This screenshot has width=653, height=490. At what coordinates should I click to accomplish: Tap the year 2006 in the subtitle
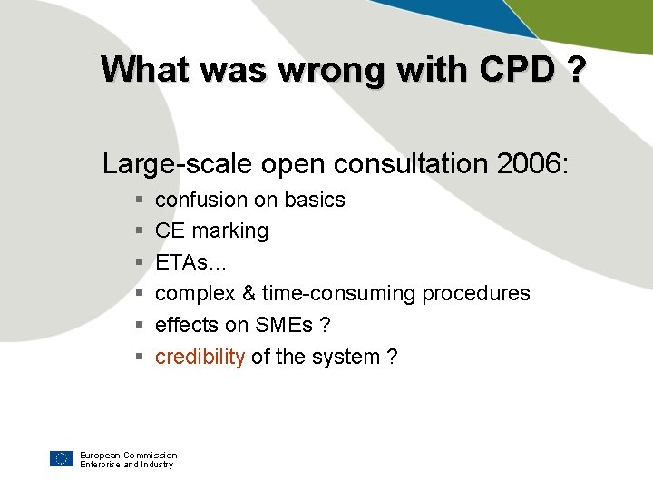coord(530,164)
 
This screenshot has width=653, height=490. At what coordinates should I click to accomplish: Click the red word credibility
coord(200,357)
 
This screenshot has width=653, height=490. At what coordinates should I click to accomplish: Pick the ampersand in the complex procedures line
coord(249,294)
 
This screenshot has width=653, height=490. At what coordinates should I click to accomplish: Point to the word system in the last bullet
coord(346,357)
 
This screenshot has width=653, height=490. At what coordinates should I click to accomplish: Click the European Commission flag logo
coord(61,459)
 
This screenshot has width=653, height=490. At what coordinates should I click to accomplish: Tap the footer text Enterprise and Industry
coord(126,465)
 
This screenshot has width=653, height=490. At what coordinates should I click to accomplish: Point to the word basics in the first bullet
coord(315,200)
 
